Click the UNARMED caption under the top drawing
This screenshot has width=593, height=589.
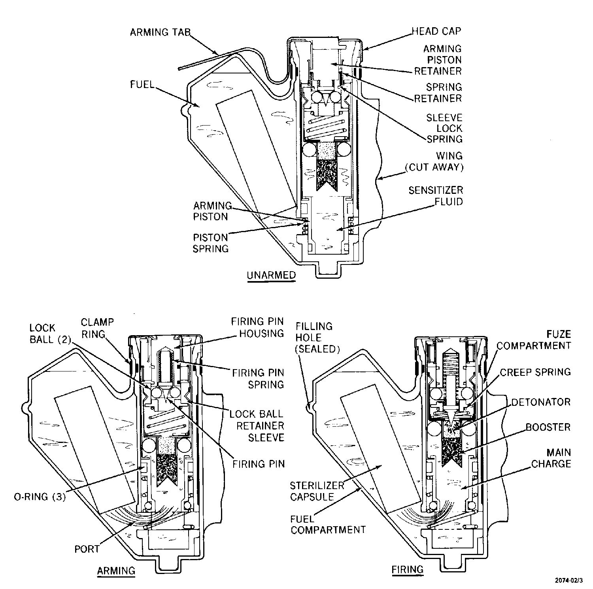point(271,275)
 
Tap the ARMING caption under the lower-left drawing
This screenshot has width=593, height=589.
point(116,570)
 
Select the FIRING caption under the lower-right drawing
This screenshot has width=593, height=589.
point(408,569)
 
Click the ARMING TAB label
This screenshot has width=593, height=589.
point(160,32)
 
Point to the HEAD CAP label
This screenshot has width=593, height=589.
point(436,31)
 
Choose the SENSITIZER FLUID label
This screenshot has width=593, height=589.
point(436,196)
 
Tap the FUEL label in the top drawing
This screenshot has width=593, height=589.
point(142,84)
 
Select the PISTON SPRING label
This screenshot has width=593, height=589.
point(210,243)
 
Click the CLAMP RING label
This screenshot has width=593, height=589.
point(97,328)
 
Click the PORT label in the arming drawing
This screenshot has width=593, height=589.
point(87,549)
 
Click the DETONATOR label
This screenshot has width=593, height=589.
point(541,402)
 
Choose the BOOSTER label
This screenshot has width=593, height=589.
point(548,427)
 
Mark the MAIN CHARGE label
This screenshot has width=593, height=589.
point(551,458)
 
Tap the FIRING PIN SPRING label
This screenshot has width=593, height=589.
point(258,379)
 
